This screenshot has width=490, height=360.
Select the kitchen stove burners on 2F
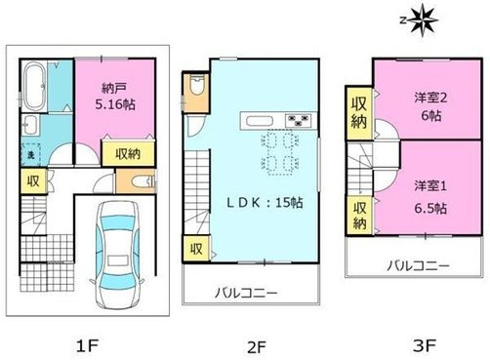297,121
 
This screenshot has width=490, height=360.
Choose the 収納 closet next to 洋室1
357,216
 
